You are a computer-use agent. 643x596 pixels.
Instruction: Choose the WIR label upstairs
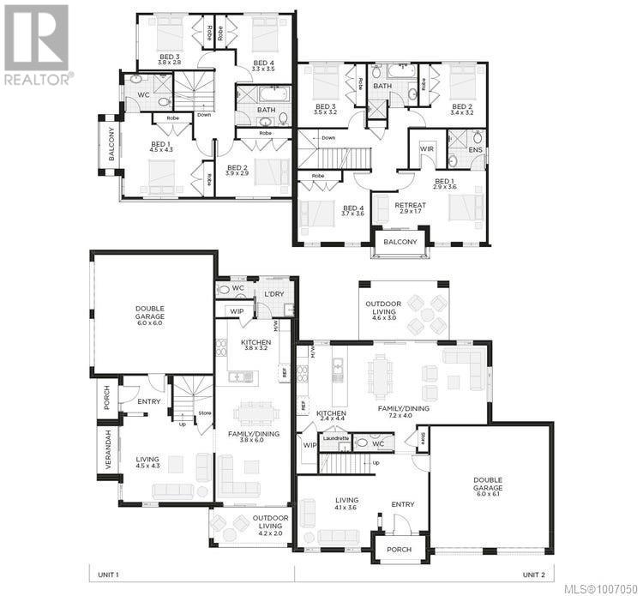click(x=426, y=149)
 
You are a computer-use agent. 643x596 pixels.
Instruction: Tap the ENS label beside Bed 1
click(x=476, y=149)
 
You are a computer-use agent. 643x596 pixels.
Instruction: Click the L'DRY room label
click(x=273, y=294)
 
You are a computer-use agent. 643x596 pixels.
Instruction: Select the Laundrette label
click(x=336, y=437)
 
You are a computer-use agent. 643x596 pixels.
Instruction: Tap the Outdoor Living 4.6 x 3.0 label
click(x=382, y=310)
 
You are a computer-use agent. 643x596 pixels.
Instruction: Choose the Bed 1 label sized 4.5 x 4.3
click(x=161, y=147)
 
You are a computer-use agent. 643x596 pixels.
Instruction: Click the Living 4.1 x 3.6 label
click(x=346, y=504)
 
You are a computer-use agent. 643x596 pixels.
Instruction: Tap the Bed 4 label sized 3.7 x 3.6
click(x=353, y=211)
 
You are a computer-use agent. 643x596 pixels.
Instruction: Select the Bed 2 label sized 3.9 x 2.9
click(x=237, y=171)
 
